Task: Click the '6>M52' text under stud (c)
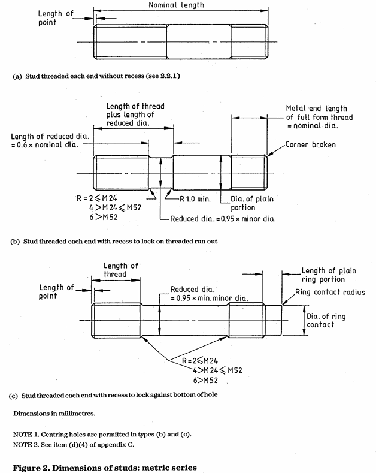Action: (198, 380)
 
